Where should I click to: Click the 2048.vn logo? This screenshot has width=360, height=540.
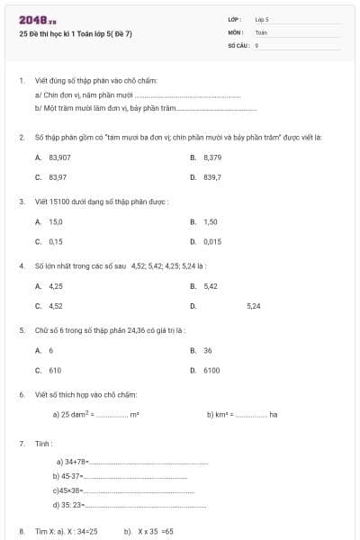click(37, 19)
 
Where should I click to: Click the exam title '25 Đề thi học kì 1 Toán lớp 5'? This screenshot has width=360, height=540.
click(76, 34)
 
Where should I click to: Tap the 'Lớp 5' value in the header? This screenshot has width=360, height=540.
click(262, 19)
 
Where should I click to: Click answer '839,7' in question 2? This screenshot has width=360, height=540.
click(212, 177)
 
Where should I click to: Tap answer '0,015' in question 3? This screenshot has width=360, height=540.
click(212, 241)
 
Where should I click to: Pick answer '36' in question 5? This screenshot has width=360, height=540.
click(208, 350)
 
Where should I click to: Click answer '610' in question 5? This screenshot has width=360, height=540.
click(55, 370)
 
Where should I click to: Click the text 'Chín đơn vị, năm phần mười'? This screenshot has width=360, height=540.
click(87, 94)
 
